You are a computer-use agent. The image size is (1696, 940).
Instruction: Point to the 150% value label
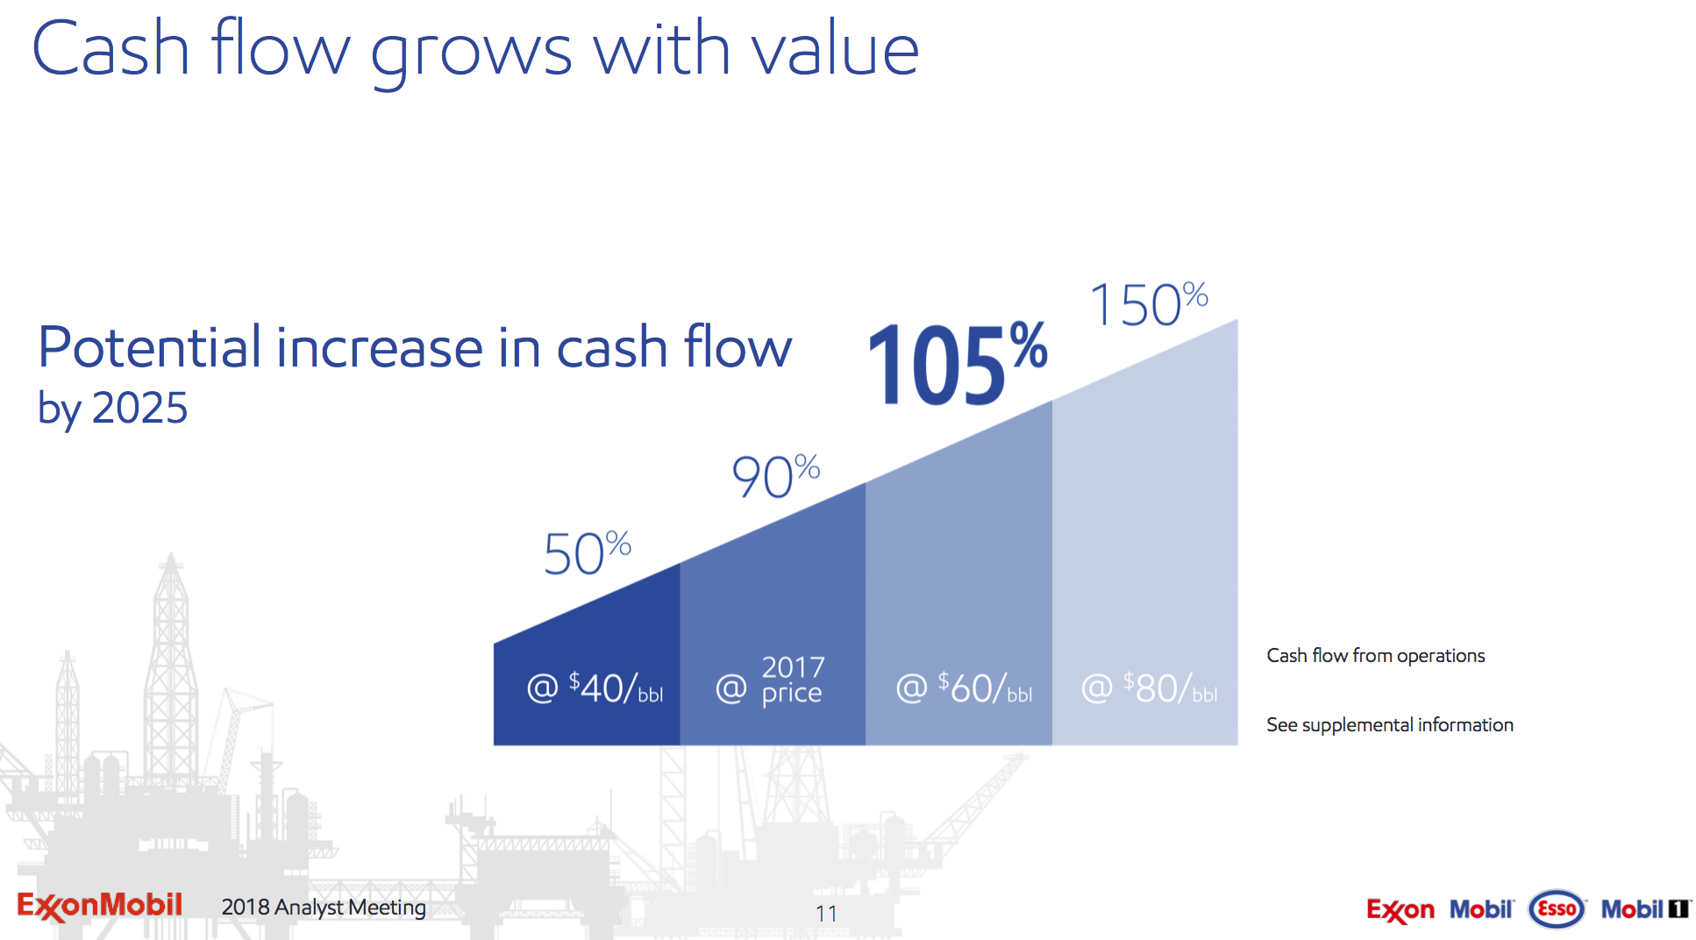click(1148, 304)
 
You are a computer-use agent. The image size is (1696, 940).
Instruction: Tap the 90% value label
click(775, 476)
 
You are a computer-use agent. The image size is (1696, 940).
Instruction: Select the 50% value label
click(587, 553)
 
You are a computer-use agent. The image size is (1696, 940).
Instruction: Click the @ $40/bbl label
click(595, 688)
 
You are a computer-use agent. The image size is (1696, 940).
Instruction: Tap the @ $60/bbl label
click(964, 688)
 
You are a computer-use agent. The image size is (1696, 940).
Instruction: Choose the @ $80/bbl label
click(1149, 688)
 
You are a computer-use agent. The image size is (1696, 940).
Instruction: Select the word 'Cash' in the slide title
click(110, 51)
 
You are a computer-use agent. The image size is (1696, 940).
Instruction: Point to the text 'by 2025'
click(112, 408)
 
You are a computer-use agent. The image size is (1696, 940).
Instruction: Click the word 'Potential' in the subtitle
click(149, 347)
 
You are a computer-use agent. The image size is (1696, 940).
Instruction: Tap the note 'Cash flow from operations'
click(1375, 656)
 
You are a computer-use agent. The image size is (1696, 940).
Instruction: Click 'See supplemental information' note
click(1389, 725)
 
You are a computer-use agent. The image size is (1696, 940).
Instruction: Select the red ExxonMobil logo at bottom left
click(99, 906)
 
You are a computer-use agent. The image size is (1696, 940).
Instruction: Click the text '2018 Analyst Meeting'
click(323, 907)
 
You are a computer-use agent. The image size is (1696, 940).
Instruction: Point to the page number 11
click(826, 914)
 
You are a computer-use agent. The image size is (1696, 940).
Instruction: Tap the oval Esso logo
click(1557, 909)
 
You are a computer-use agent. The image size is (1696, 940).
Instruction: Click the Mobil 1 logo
click(1645, 909)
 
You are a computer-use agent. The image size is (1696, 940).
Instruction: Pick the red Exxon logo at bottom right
click(1400, 910)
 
